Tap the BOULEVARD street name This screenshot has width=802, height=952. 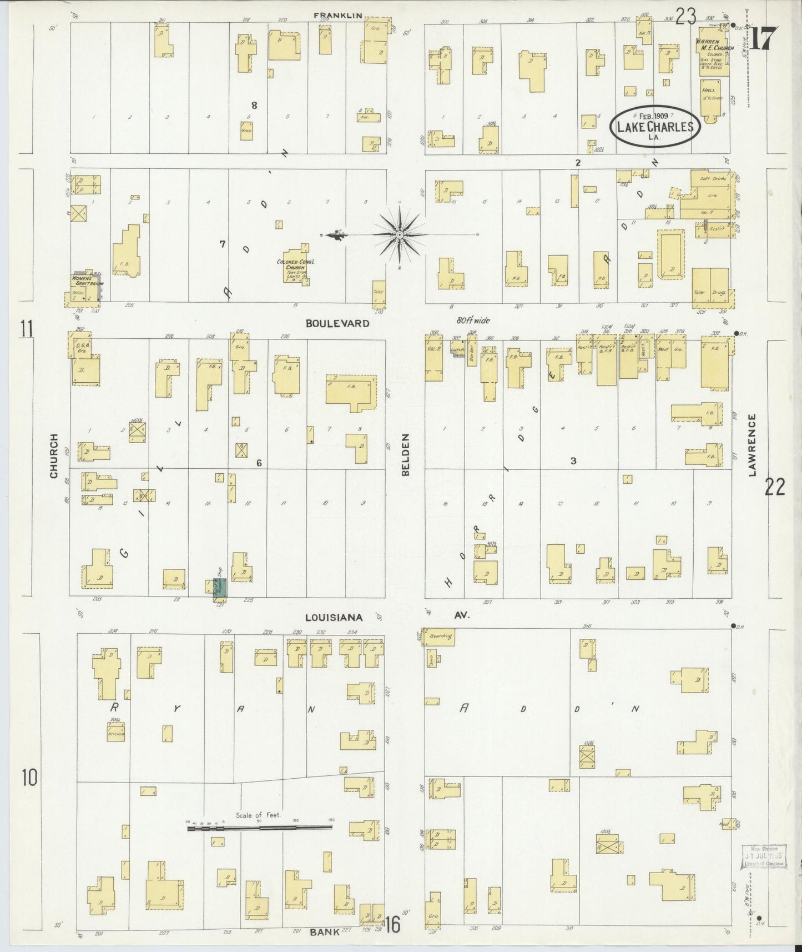(338, 323)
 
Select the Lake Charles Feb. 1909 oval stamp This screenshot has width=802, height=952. (655, 126)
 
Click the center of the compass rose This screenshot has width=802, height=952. (399, 236)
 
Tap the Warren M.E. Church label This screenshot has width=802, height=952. (713, 48)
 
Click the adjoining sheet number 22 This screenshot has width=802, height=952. (775, 488)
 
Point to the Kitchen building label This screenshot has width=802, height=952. (115, 734)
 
